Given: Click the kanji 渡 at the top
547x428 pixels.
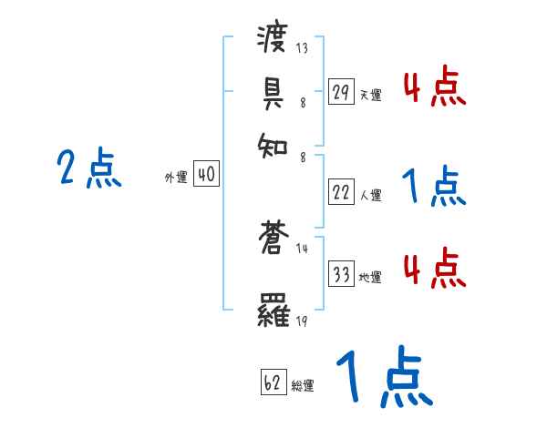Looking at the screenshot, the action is tap(273, 40).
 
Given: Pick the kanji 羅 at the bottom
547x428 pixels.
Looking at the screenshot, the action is tap(273, 312).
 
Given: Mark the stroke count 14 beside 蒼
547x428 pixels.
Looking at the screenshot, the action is tap(302, 249).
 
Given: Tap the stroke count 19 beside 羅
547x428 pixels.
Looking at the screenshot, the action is tap(302, 320).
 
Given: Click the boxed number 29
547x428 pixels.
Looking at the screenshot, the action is tap(341, 93).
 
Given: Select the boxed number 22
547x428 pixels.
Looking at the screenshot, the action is tap(341, 193).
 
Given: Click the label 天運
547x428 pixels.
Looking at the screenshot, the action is tap(370, 95).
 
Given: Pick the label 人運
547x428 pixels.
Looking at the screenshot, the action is tap(370, 195).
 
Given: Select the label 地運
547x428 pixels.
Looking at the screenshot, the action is tap(370, 277).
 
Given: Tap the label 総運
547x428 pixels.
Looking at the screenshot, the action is tap(303, 385).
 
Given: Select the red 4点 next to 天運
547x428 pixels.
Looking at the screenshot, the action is tap(434, 88).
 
